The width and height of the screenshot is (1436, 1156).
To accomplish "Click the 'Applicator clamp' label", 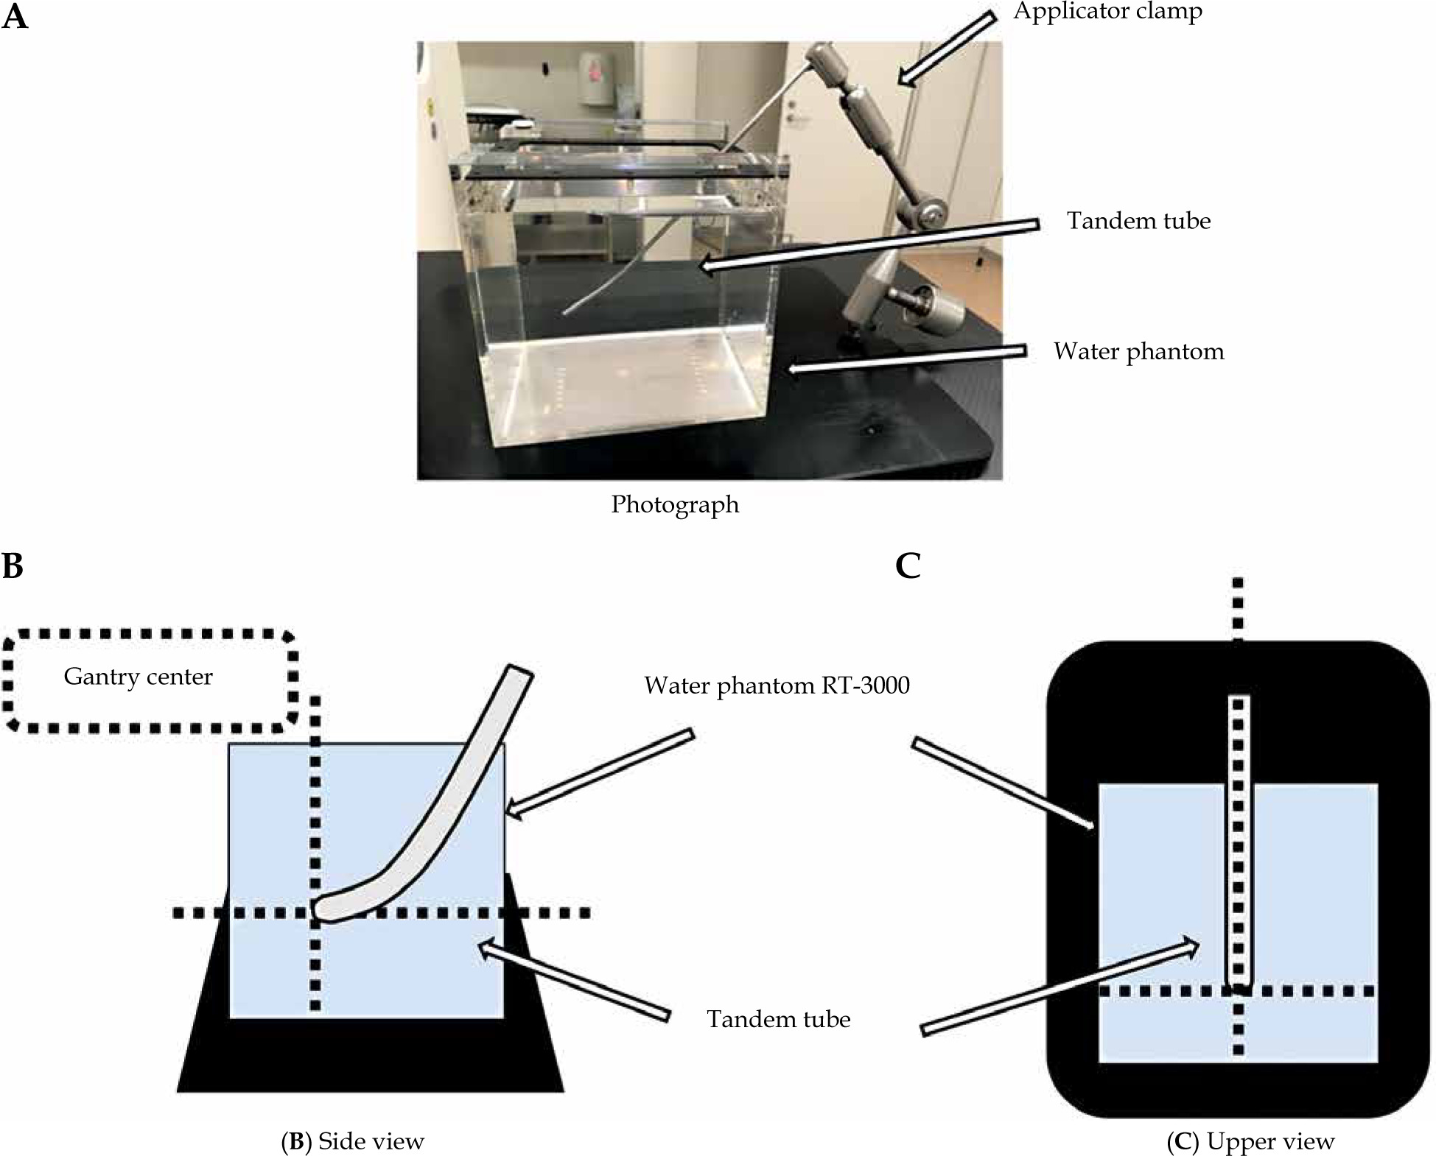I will pos(1107,13).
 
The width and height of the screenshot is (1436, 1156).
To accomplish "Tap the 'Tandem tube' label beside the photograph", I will pos(1138,221).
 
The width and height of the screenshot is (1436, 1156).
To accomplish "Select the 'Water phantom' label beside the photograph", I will pos(1138,351).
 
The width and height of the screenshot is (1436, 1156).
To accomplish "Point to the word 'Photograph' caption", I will pos(675,504).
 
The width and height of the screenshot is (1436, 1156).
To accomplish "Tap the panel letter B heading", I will pos(13,565).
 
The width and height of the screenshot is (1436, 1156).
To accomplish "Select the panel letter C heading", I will pos(908,565).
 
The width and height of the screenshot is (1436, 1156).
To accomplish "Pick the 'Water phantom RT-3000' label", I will pos(777,686).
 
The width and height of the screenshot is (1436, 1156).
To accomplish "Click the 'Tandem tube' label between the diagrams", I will pos(778,1019).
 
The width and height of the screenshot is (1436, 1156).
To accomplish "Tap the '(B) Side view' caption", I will pos(353,1141).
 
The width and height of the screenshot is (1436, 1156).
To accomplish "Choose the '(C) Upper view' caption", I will pos(1250,1141).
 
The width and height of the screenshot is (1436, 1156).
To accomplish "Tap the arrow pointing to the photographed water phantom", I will pos(906,359).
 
